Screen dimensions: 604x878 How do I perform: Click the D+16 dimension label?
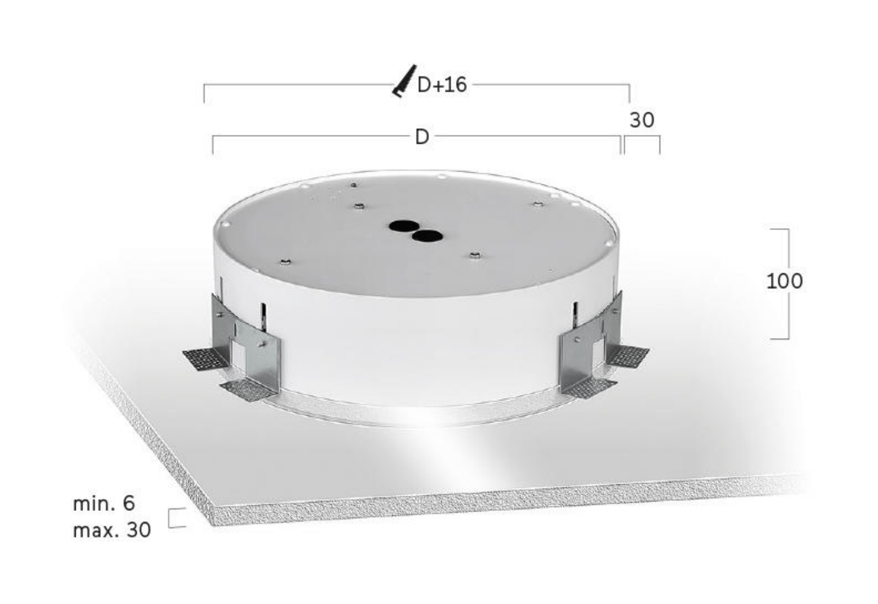point(442,85)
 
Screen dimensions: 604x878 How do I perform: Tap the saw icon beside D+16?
point(404,81)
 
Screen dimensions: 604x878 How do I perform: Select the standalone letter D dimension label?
point(421,136)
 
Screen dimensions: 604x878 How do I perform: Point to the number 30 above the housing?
point(641,120)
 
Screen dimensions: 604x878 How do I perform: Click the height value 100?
point(784,281)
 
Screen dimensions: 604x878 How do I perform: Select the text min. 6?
point(104,503)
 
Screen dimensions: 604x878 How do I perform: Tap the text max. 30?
point(112,530)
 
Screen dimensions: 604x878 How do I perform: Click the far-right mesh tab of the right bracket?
point(628,355)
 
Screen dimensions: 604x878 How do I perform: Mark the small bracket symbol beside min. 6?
point(176,518)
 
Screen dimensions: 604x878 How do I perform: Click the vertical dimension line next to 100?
point(787,284)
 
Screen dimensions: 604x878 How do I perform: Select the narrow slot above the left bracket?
point(263,316)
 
